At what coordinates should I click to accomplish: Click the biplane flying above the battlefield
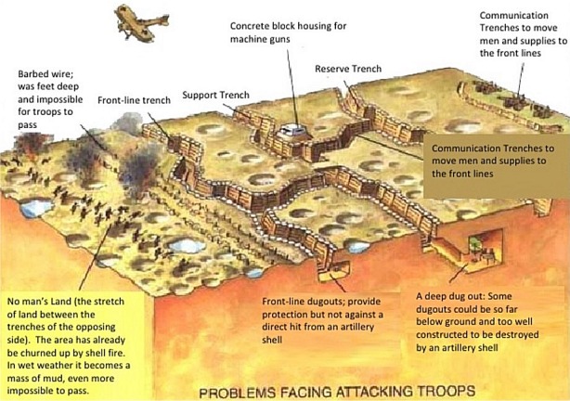[142, 23]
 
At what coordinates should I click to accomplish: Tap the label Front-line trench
[134, 100]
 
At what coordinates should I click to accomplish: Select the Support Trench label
[215, 95]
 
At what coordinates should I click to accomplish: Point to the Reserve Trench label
[348, 69]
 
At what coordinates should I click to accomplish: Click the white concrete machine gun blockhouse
[292, 131]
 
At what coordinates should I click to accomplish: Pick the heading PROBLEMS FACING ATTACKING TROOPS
[337, 392]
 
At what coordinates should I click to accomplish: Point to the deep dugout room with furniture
[483, 250]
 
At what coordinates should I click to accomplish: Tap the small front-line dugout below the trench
[333, 271]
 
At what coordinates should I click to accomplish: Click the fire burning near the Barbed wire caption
[30, 145]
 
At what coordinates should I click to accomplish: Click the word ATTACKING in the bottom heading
[374, 392]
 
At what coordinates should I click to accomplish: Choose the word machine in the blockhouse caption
[246, 39]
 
